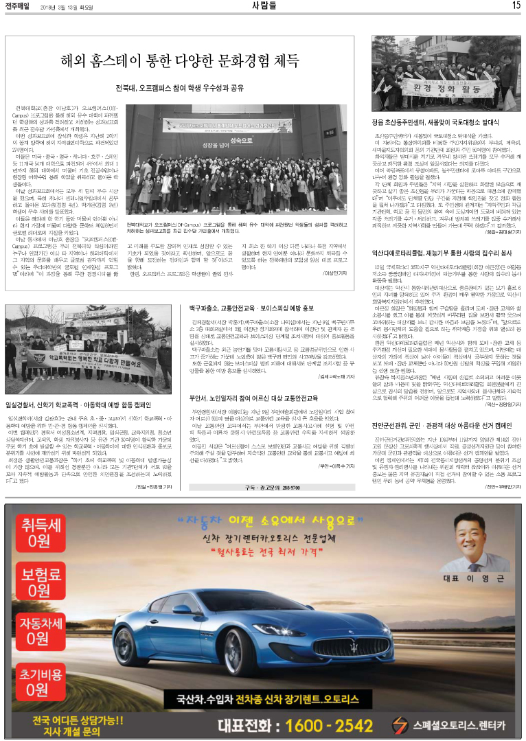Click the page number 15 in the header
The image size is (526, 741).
coord(516,6)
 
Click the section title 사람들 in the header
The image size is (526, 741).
coord(264,6)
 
